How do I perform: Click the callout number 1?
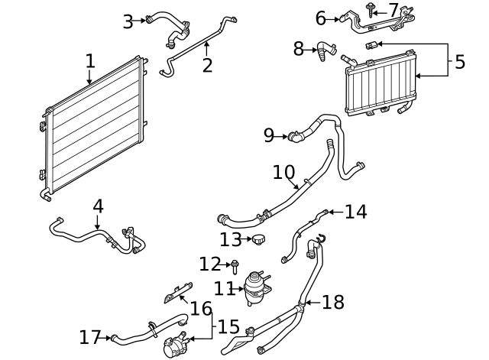click(90, 60)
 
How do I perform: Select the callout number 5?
click(459, 62)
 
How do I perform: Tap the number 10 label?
click(284, 174)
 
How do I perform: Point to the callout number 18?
click(333, 302)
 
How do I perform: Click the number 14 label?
click(355, 212)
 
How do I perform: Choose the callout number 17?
click(89, 337)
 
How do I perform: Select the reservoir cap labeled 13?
click(261, 241)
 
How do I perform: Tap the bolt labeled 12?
click(235, 265)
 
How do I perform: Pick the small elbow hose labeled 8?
click(328, 52)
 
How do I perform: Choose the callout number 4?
click(98, 206)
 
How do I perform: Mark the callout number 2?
click(207, 65)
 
